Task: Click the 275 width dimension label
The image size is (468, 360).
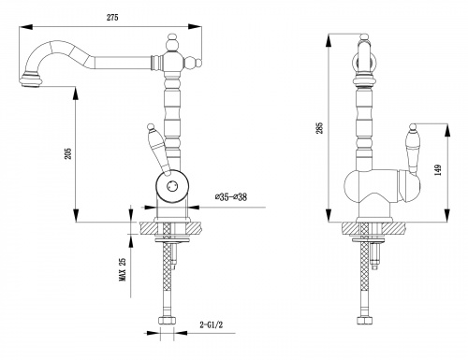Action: [x=112, y=18]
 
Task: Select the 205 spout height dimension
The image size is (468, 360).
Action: [x=67, y=153]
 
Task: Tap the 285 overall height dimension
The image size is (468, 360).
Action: [x=320, y=128]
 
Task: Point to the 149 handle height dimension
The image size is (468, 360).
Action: [x=438, y=170]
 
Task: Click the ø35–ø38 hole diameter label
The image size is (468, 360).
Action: [x=231, y=197]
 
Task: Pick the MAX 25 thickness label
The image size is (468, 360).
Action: [x=123, y=269]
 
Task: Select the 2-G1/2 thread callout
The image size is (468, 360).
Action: [x=212, y=324]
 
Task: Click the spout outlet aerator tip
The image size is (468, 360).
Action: [x=30, y=81]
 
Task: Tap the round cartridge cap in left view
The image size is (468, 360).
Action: [x=171, y=186]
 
